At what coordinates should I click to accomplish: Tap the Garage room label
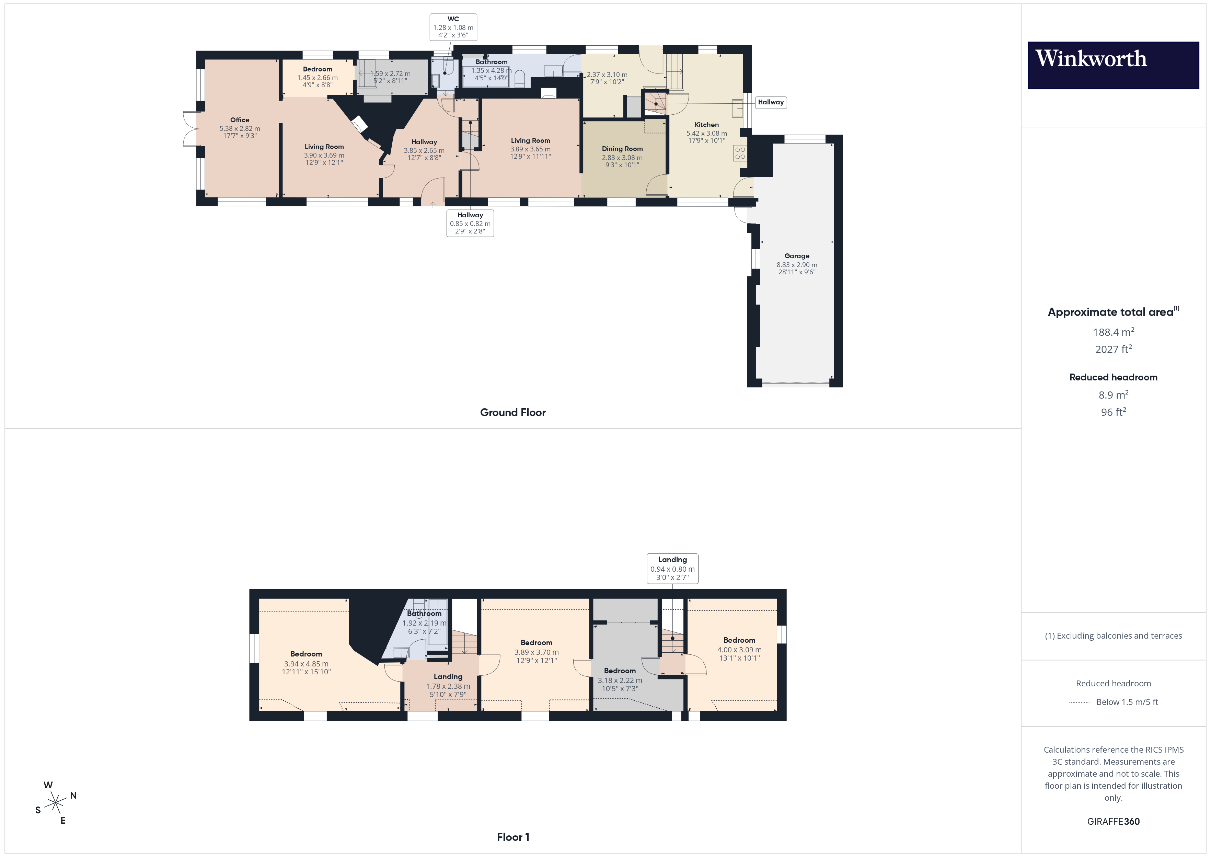[x=796, y=256]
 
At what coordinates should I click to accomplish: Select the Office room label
[x=240, y=120]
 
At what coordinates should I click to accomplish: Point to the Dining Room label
[x=622, y=149]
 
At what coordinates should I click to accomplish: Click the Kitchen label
[x=706, y=125]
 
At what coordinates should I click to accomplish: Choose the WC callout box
[x=453, y=27]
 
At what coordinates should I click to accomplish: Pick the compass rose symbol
[x=55, y=803]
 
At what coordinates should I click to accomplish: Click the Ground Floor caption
[x=513, y=413]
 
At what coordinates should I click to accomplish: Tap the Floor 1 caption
[x=513, y=837]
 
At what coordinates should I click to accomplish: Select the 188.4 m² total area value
[x=1113, y=332]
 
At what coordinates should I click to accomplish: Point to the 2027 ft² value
[x=1113, y=349]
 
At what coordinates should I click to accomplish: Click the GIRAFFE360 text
[x=1113, y=822]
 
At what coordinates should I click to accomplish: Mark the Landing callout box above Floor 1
[x=672, y=568]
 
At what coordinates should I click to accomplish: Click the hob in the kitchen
[x=740, y=153]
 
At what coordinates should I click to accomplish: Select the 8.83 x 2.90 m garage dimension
[x=796, y=265]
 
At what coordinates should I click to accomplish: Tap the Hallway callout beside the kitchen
[x=771, y=102]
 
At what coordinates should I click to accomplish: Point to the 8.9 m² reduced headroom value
[x=1113, y=395]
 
